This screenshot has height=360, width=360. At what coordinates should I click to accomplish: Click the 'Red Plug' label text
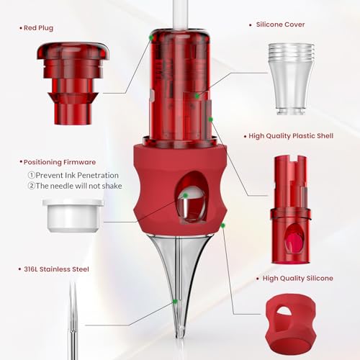38,28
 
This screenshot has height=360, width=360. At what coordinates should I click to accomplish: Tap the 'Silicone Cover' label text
280,24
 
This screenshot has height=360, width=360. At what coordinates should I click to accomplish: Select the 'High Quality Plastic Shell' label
291,136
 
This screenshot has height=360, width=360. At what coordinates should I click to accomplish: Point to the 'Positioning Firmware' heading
60,162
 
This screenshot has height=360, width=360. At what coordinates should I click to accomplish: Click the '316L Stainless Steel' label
56,269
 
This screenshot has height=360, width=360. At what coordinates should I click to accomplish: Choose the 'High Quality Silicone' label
298,279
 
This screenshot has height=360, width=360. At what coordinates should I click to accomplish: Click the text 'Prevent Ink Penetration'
77,175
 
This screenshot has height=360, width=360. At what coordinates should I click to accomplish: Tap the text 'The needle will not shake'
79,186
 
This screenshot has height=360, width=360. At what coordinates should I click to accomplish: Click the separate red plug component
73,84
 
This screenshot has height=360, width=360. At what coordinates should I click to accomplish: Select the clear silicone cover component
291,79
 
